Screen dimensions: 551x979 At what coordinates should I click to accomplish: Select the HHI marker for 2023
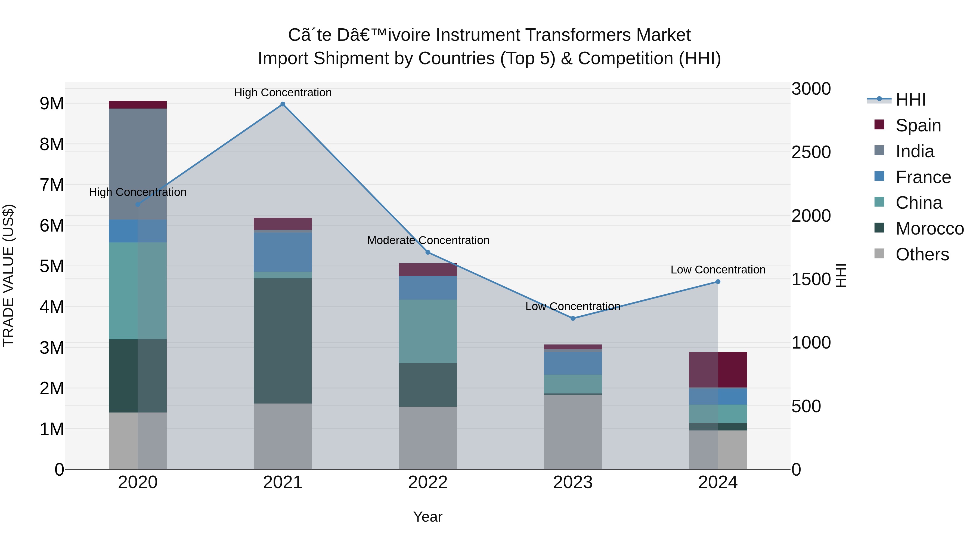[573, 318]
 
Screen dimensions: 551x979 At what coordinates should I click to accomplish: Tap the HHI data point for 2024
[718, 282]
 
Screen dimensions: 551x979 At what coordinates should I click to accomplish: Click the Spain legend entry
[918, 125]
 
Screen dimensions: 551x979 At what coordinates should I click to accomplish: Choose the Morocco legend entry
[929, 229]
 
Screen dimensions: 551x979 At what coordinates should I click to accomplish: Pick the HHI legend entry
[910, 100]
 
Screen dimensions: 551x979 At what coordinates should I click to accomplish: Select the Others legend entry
[922, 254]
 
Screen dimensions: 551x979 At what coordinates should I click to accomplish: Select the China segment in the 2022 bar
[427, 331]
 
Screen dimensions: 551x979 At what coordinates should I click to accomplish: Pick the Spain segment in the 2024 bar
[718, 370]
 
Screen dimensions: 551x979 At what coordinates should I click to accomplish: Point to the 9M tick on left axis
[52, 103]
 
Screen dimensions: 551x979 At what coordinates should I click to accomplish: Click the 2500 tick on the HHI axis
[811, 152]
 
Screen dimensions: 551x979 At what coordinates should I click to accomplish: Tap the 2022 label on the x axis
[427, 482]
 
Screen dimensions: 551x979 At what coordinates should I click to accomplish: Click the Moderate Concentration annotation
[428, 240]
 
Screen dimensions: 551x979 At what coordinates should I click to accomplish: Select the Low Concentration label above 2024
[718, 270]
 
